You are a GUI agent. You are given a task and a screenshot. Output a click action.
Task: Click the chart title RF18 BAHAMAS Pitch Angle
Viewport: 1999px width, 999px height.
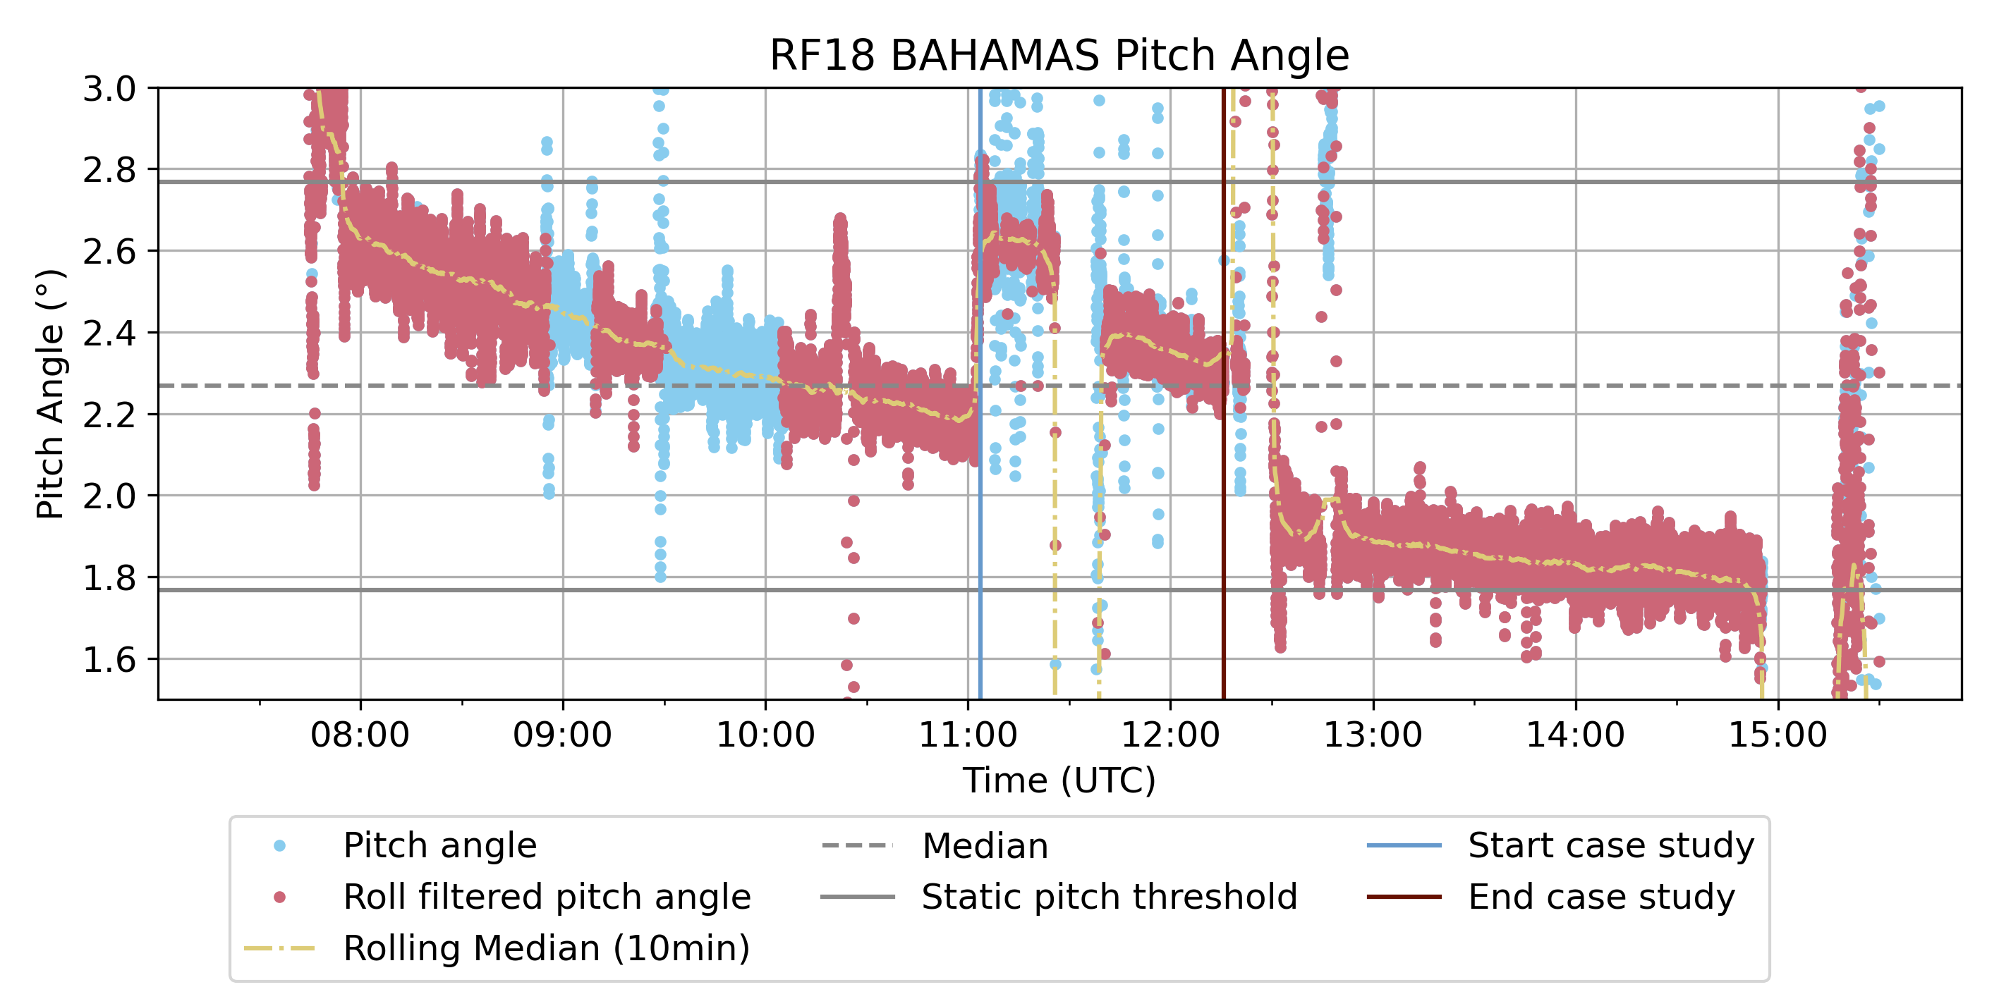(1059, 55)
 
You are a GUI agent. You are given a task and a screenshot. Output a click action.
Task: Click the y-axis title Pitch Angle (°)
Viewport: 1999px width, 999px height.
(51, 394)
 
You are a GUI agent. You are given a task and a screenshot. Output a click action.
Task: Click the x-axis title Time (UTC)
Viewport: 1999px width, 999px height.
(1059, 780)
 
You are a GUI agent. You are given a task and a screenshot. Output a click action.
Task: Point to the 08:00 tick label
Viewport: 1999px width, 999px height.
(360, 734)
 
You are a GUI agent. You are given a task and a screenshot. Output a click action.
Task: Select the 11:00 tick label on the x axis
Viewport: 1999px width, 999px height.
(968, 734)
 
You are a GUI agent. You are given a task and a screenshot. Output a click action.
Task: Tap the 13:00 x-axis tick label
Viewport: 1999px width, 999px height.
(1373, 734)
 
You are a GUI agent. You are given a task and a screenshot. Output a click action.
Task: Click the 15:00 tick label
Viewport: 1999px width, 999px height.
(1778, 734)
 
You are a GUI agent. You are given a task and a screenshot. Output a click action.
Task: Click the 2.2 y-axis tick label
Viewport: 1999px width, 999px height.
(109, 415)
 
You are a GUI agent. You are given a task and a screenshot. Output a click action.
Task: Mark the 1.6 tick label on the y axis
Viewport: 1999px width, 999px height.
(109, 660)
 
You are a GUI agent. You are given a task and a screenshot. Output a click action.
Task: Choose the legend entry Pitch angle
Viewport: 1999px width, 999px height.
(439, 845)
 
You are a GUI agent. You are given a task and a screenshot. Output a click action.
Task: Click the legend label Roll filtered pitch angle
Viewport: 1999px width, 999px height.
(547, 897)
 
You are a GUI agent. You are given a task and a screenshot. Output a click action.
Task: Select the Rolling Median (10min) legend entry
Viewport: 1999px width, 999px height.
(547, 948)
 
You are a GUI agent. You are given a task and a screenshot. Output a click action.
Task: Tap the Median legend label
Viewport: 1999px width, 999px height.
(985, 845)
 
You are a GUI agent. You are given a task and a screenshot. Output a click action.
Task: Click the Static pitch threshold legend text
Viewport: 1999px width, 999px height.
(1109, 897)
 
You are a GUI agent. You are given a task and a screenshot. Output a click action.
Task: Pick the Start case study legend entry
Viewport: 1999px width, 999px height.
(1610, 845)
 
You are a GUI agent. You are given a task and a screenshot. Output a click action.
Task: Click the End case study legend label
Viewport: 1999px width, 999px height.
(1601, 897)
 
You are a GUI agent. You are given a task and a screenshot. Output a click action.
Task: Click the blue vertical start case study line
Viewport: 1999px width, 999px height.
(980, 543)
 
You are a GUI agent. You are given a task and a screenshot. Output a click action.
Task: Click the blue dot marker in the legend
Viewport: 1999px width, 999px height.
(280, 845)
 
